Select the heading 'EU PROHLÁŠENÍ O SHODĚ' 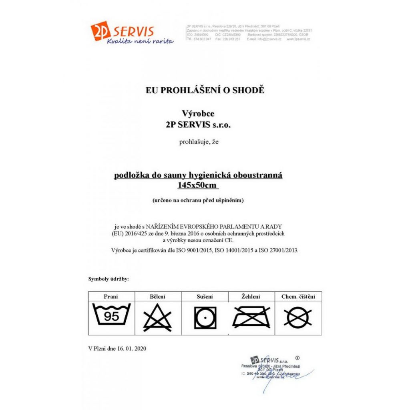click(205, 90)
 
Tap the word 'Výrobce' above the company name click(198, 114)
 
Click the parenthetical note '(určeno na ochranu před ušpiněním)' click(198, 199)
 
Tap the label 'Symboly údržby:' click(109, 279)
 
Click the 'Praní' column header click(111, 297)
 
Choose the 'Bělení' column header click(158, 297)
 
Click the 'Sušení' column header click(205, 297)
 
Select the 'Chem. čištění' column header click(298, 297)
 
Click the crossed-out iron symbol click(251, 317)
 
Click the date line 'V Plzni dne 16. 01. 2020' click(117, 348)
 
